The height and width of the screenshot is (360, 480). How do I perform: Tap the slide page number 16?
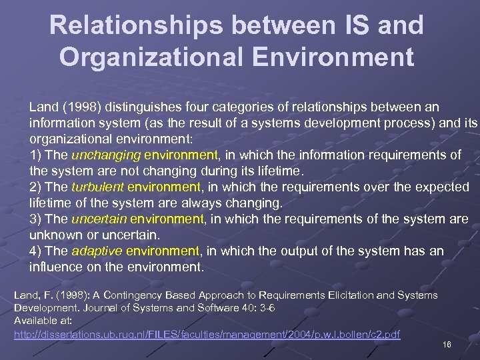click(447, 344)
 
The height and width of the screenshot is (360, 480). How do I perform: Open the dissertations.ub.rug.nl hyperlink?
click(207, 334)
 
